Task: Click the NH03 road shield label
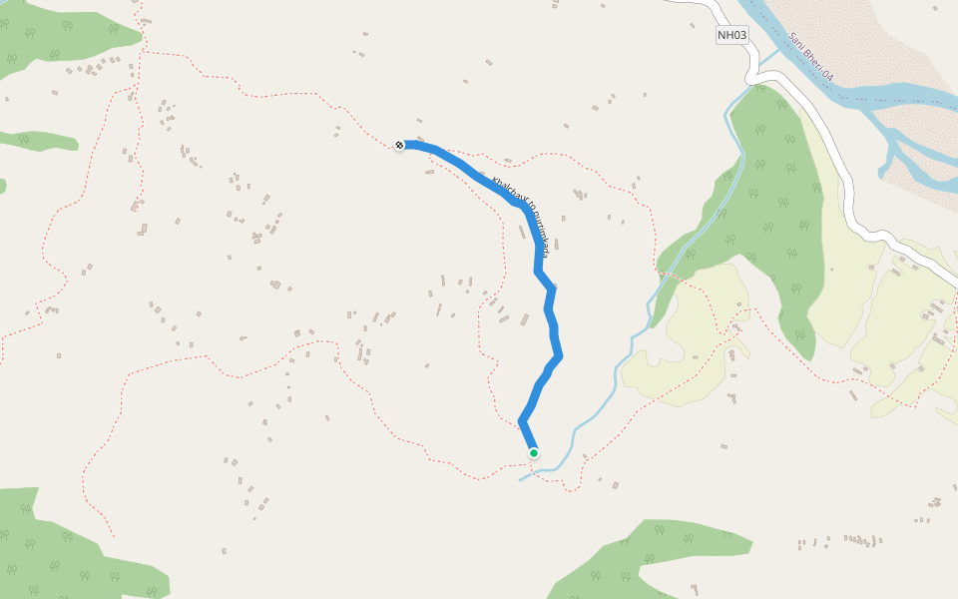click(731, 35)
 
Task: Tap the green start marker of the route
click(534, 453)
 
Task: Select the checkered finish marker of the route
click(399, 146)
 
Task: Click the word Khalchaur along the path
click(507, 191)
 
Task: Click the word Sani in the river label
click(796, 42)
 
